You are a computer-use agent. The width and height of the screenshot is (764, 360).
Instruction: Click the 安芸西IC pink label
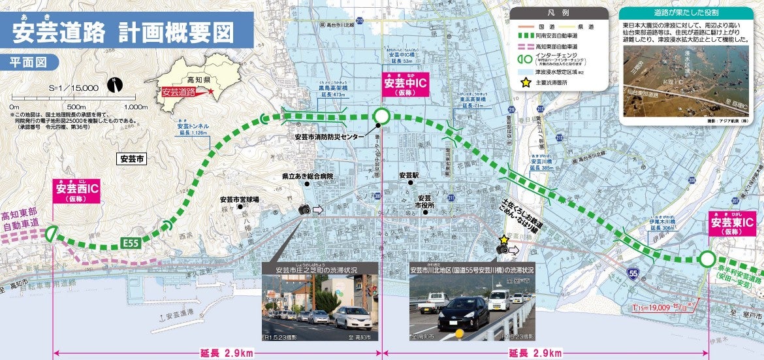76,191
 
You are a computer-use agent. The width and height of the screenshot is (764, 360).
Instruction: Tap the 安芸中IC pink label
405,86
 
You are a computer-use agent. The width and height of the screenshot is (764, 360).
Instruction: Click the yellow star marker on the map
503,240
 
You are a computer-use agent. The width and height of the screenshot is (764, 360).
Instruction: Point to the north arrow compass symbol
115,84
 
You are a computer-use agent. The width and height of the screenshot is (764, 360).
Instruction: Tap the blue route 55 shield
631,272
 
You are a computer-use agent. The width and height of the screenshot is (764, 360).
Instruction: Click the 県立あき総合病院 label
308,176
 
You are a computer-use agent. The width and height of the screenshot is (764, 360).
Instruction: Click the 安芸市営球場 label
239,199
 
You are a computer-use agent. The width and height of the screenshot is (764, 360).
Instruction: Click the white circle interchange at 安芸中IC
382,116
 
